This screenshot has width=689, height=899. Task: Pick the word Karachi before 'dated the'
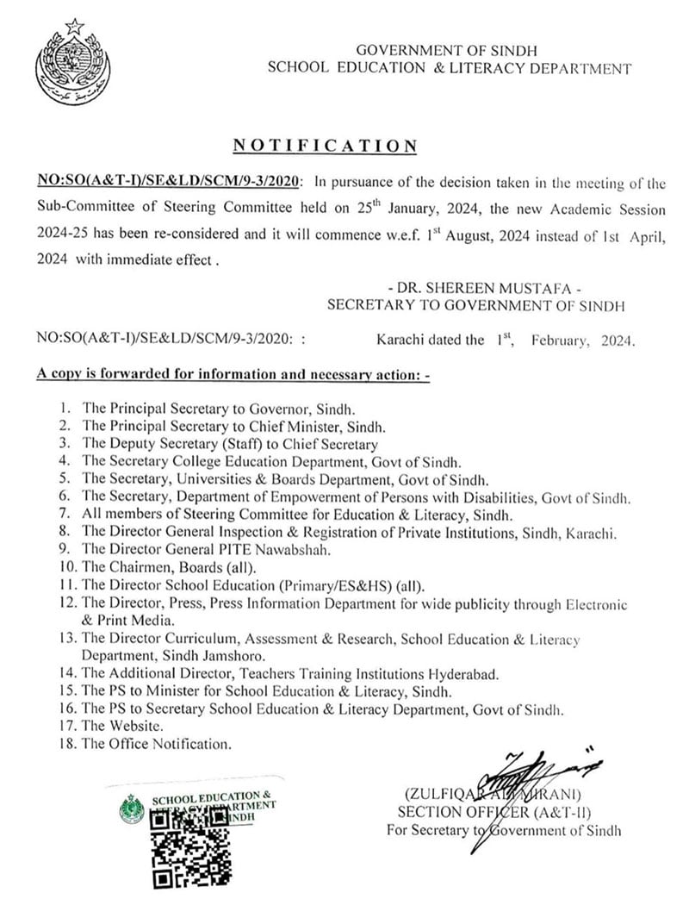(400, 340)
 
